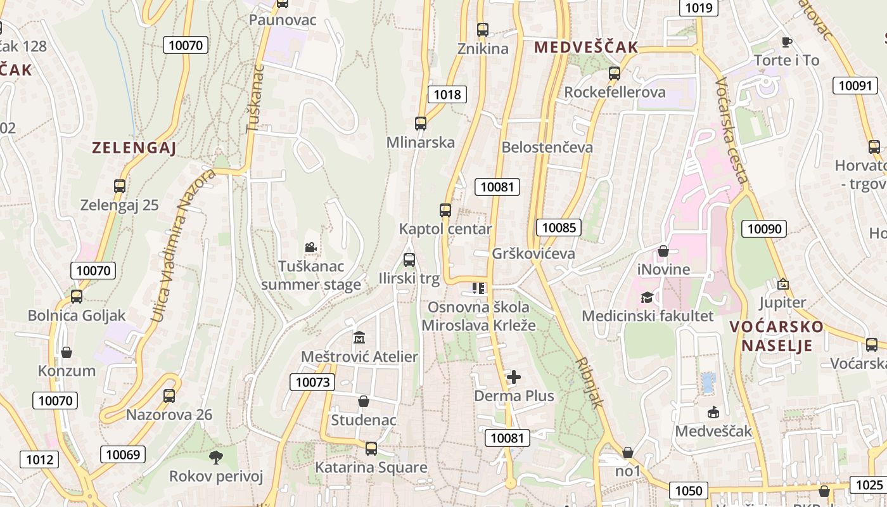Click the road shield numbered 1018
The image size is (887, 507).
click(x=447, y=94)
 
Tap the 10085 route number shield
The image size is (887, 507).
click(x=558, y=228)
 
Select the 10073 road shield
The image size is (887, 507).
click(x=312, y=382)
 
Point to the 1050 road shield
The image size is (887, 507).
click(x=688, y=491)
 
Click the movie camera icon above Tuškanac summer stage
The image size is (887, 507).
click(x=310, y=247)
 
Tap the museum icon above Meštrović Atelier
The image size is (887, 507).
click(x=359, y=337)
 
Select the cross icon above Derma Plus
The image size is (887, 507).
click(x=514, y=378)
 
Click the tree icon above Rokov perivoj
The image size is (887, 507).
click(x=216, y=457)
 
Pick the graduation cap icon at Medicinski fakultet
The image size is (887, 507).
click(x=647, y=297)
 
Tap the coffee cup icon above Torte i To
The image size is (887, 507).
click(x=786, y=42)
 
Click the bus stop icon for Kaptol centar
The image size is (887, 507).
click(x=445, y=210)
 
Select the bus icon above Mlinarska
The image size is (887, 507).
click(x=421, y=124)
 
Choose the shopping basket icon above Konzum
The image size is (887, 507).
click(x=67, y=352)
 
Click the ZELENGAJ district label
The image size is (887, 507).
click(x=134, y=148)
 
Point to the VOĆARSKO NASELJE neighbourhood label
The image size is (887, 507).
click(x=776, y=336)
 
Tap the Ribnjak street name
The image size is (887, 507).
click(x=590, y=382)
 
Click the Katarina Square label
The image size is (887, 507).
click(x=371, y=468)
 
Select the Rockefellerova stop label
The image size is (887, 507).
click(x=615, y=92)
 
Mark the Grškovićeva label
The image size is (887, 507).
click(x=533, y=253)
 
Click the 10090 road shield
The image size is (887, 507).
click(x=764, y=229)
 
